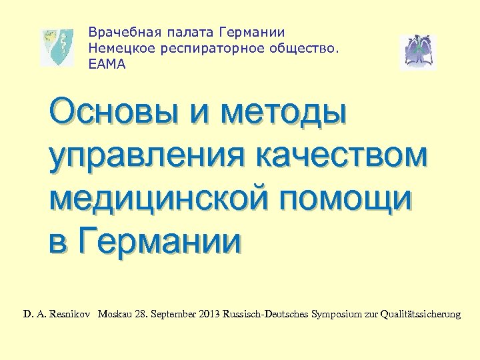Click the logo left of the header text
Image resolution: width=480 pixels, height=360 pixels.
pos(57,47)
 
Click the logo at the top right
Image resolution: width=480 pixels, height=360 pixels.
pos(418,52)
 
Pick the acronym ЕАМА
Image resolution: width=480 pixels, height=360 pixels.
pos(106,65)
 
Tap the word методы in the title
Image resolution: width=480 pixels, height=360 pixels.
pos(286,110)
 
